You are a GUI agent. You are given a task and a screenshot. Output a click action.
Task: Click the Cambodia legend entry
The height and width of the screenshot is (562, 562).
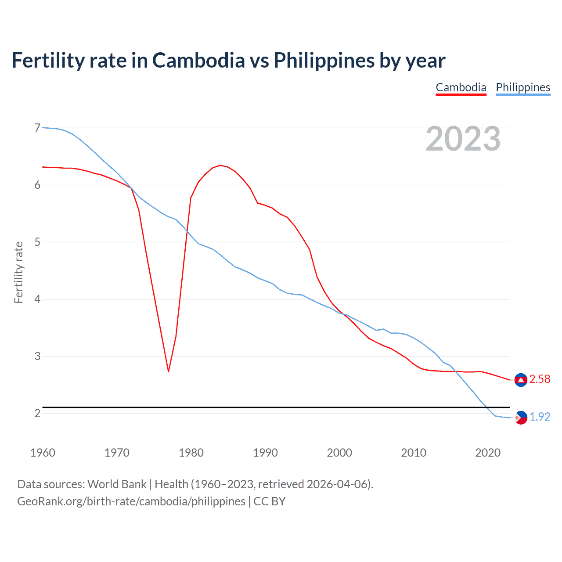tap(461, 87)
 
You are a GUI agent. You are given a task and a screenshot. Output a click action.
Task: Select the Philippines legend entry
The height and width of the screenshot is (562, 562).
tap(522, 87)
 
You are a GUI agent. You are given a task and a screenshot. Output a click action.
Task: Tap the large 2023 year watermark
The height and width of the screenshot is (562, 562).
tap(463, 139)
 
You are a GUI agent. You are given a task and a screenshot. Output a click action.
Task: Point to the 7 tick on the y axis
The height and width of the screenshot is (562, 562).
tap(37, 128)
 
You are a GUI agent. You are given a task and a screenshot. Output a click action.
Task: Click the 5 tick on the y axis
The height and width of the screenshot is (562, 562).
tap(37, 242)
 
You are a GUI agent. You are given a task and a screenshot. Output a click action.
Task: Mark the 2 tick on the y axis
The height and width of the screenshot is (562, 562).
tap(37, 413)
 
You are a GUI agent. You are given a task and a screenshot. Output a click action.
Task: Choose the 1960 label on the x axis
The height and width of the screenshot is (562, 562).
tap(43, 453)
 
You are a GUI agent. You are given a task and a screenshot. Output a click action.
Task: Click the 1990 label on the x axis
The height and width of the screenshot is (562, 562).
tap(265, 453)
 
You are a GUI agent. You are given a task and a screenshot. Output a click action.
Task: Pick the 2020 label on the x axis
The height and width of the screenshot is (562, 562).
tap(488, 453)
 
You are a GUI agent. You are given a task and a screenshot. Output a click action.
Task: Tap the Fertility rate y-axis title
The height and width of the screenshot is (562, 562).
tap(18, 272)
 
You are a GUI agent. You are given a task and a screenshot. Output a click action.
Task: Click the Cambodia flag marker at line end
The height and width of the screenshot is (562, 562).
tap(521, 380)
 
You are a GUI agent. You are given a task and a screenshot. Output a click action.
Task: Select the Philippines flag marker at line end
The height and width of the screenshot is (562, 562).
tap(521, 418)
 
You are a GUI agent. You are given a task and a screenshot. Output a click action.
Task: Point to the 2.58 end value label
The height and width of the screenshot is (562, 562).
tap(540, 379)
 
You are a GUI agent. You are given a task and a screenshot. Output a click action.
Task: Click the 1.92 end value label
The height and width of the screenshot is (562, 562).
tap(540, 417)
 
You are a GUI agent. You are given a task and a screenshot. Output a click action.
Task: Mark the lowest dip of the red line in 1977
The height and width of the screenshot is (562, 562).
tap(168, 371)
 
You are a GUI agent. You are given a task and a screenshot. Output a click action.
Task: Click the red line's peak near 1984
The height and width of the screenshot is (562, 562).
tap(220, 166)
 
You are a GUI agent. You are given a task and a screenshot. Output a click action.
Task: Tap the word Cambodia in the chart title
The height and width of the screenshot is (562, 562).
tap(198, 60)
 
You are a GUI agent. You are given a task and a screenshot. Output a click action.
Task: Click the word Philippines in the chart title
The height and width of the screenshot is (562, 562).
tap(324, 60)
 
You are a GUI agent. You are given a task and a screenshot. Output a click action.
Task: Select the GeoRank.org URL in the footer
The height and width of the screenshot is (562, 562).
tap(131, 501)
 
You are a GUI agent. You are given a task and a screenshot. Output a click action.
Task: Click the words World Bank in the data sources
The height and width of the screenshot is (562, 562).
tap(117, 484)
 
